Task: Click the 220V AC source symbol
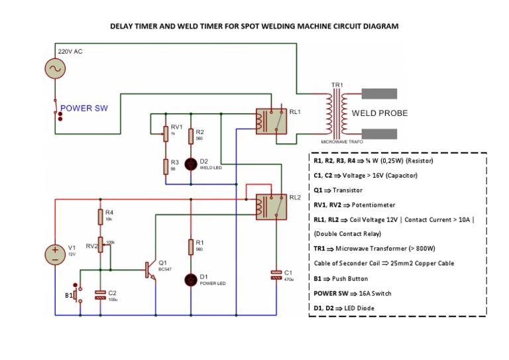[54, 68]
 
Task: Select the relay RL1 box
[271, 120]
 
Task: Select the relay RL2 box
[271, 206]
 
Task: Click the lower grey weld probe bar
[378, 133]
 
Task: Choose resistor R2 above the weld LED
[191, 136]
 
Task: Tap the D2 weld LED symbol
[191, 163]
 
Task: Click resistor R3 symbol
[165, 166]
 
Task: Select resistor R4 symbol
[100, 216]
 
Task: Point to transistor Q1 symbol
[150, 269]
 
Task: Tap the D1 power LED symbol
[191, 279]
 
